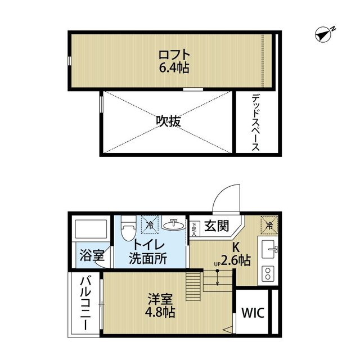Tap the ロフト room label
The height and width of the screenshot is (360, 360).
tap(174, 56)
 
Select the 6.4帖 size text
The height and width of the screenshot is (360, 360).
tap(174, 68)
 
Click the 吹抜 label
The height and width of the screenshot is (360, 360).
tap(168, 121)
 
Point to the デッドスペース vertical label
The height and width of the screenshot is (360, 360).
tap(255, 122)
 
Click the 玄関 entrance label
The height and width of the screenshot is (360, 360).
tap(216, 226)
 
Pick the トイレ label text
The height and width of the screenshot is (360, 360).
tap(148, 246)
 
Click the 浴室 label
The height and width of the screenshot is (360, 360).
tap(91, 255)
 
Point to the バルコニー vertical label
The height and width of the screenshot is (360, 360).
tap(85, 304)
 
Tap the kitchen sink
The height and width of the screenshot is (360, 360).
tap(268, 247)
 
